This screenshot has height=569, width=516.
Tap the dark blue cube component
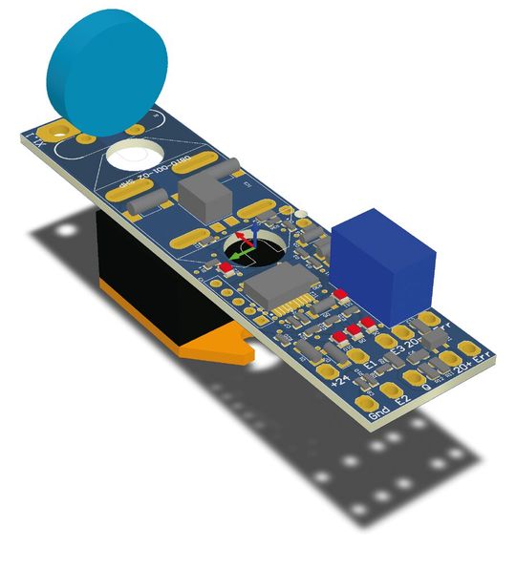pos(382,263)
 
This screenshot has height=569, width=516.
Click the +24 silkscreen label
pos(338,382)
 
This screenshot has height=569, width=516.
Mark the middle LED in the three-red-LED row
pos(352,330)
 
